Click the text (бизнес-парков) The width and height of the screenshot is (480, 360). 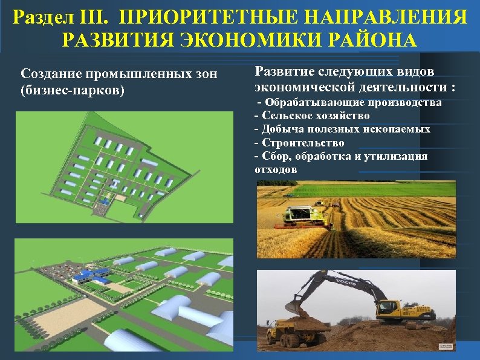[x=72, y=90]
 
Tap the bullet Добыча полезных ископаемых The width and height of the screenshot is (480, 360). [x=343, y=129]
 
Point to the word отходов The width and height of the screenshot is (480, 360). [x=276, y=169]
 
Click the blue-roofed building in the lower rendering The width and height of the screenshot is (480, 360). [x=91, y=276]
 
